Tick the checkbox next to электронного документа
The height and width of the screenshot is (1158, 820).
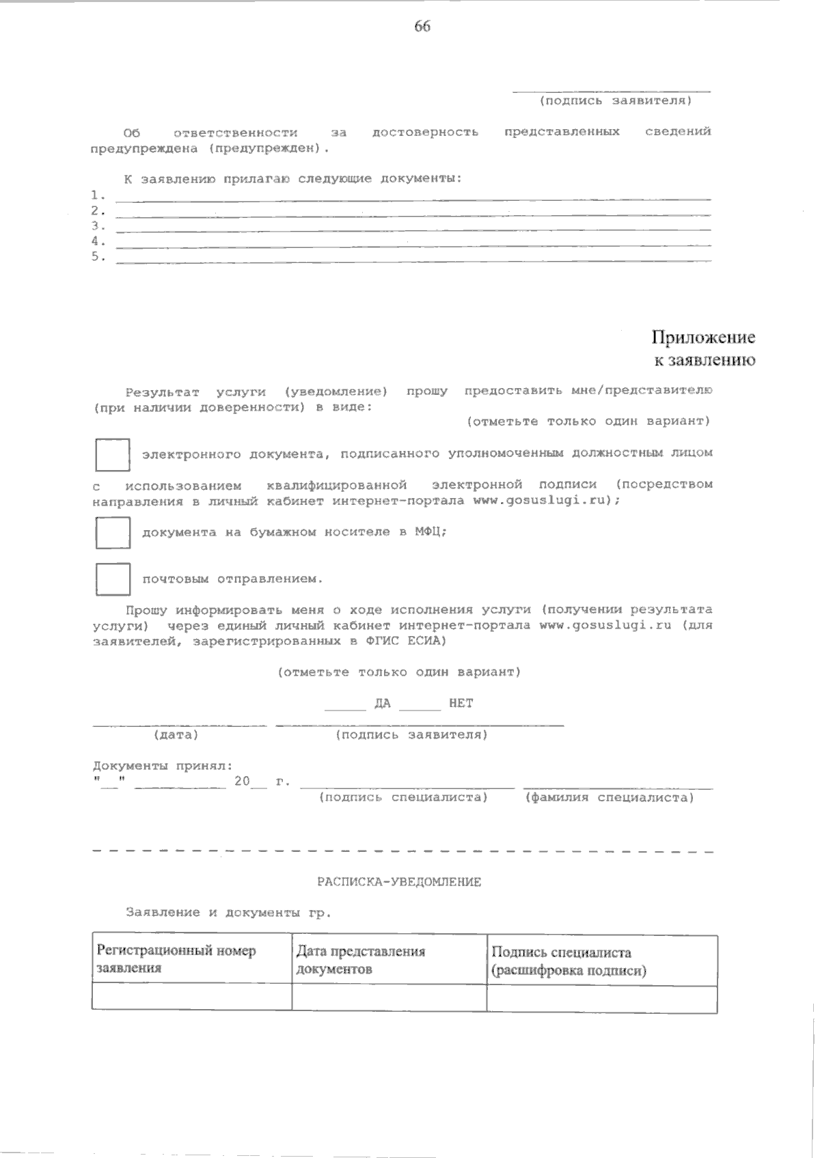pyautogui.click(x=112, y=455)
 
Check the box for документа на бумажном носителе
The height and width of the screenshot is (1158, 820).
pyautogui.click(x=112, y=533)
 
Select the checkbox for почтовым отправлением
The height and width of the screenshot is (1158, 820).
pyautogui.click(x=112, y=579)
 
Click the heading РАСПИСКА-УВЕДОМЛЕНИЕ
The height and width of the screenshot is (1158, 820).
pyautogui.click(x=399, y=882)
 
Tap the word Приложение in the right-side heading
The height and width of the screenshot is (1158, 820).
pyautogui.click(x=703, y=337)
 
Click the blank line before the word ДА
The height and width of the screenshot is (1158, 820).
pyautogui.click(x=346, y=708)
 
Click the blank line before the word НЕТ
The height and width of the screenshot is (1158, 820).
pyautogui.click(x=420, y=708)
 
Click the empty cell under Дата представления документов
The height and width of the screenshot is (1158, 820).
pyautogui.click(x=388, y=998)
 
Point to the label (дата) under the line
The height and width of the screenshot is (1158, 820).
pyautogui.click(x=176, y=735)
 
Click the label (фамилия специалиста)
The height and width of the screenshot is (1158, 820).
pyautogui.click(x=609, y=797)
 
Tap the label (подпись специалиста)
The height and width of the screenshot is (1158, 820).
pyautogui.click(x=403, y=797)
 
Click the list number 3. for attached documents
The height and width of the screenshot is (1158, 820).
pyautogui.click(x=98, y=225)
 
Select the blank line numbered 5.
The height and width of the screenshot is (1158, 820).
pyautogui.click(x=413, y=260)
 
